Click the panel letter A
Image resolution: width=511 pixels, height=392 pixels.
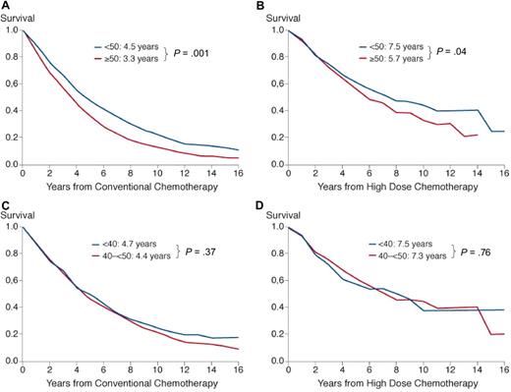pos(5,6)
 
